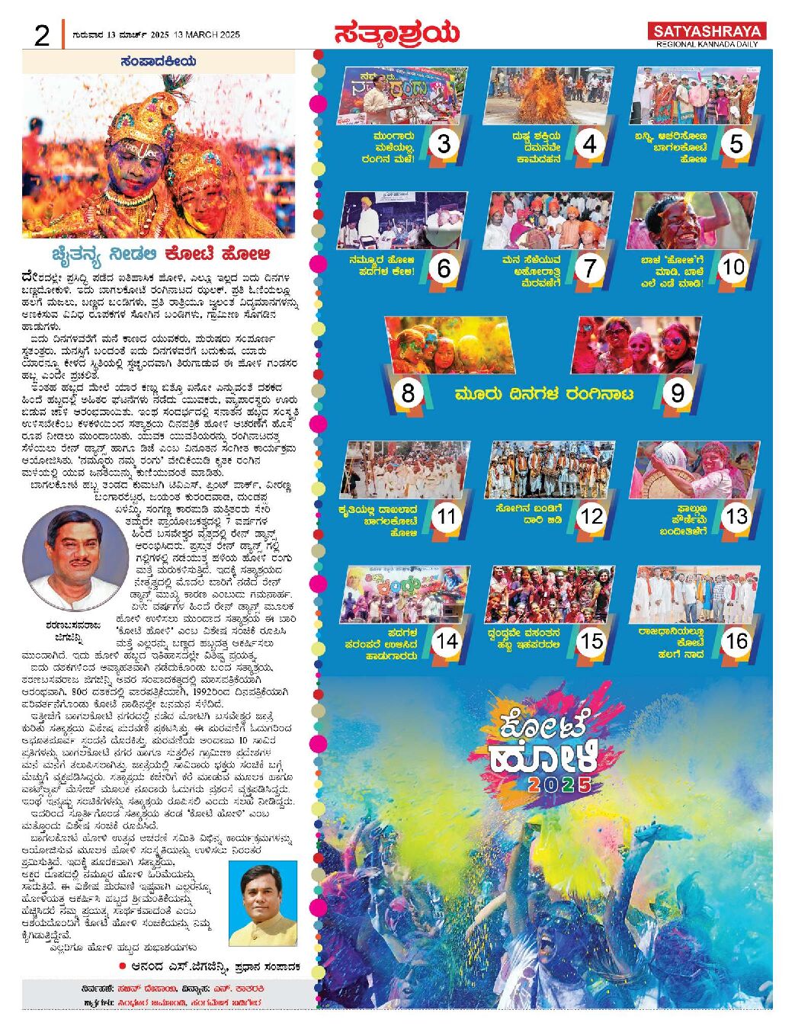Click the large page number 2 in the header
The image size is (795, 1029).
41,35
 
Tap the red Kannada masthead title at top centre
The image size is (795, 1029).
396,33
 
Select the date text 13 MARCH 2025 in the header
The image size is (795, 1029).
207,35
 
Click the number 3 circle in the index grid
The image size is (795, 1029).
444,143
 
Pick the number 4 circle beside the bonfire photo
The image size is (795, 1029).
589,143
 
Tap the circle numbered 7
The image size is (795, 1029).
589,268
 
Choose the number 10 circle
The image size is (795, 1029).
733,268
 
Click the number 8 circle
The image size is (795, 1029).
409,393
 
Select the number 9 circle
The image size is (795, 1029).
677,393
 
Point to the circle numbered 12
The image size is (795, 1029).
591,517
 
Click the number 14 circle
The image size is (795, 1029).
447,641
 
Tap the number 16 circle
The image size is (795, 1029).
736,641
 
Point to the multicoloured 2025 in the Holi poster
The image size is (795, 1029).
559,785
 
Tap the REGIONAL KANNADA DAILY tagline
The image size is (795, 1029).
708,45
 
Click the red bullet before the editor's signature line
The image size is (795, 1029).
122,966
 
